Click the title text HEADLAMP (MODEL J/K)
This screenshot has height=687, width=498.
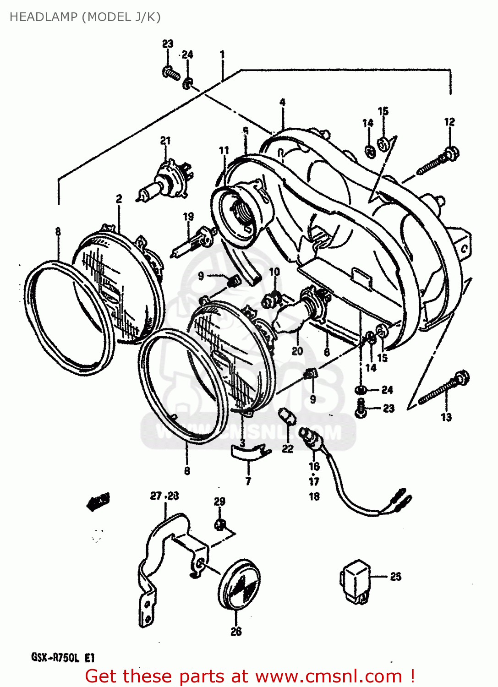click(x=85, y=17)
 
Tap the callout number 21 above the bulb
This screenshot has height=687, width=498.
click(x=165, y=141)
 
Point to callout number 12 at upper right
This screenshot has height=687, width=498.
click(x=449, y=122)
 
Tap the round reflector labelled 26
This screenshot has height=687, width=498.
click(x=239, y=584)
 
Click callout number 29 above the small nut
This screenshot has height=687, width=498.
click(x=219, y=502)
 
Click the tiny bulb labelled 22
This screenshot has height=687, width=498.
click(x=287, y=417)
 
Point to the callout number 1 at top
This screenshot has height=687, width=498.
click(x=222, y=55)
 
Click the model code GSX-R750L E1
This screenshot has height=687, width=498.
click(x=63, y=658)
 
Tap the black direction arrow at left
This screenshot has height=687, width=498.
click(x=98, y=502)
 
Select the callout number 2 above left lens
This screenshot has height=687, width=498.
click(x=119, y=199)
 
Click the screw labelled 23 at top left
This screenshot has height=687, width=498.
click(x=171, y=73)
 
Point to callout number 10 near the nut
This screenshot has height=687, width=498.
click(x=274, y=272)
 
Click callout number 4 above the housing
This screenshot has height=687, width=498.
click(x=283, y=102)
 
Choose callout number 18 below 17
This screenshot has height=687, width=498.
click(x=314, y=496)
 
